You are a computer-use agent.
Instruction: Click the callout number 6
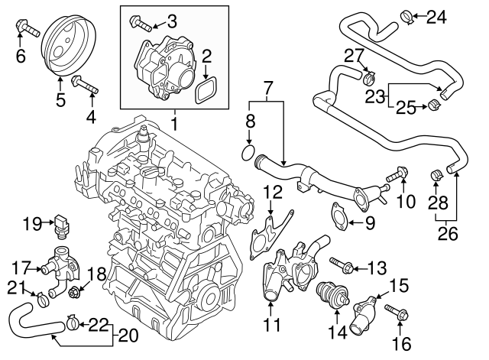(21, 56)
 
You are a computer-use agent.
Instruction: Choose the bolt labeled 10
(397, 176)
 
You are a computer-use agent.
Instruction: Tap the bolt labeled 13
(341, 267)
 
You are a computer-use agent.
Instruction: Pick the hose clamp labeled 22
(70, 325)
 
